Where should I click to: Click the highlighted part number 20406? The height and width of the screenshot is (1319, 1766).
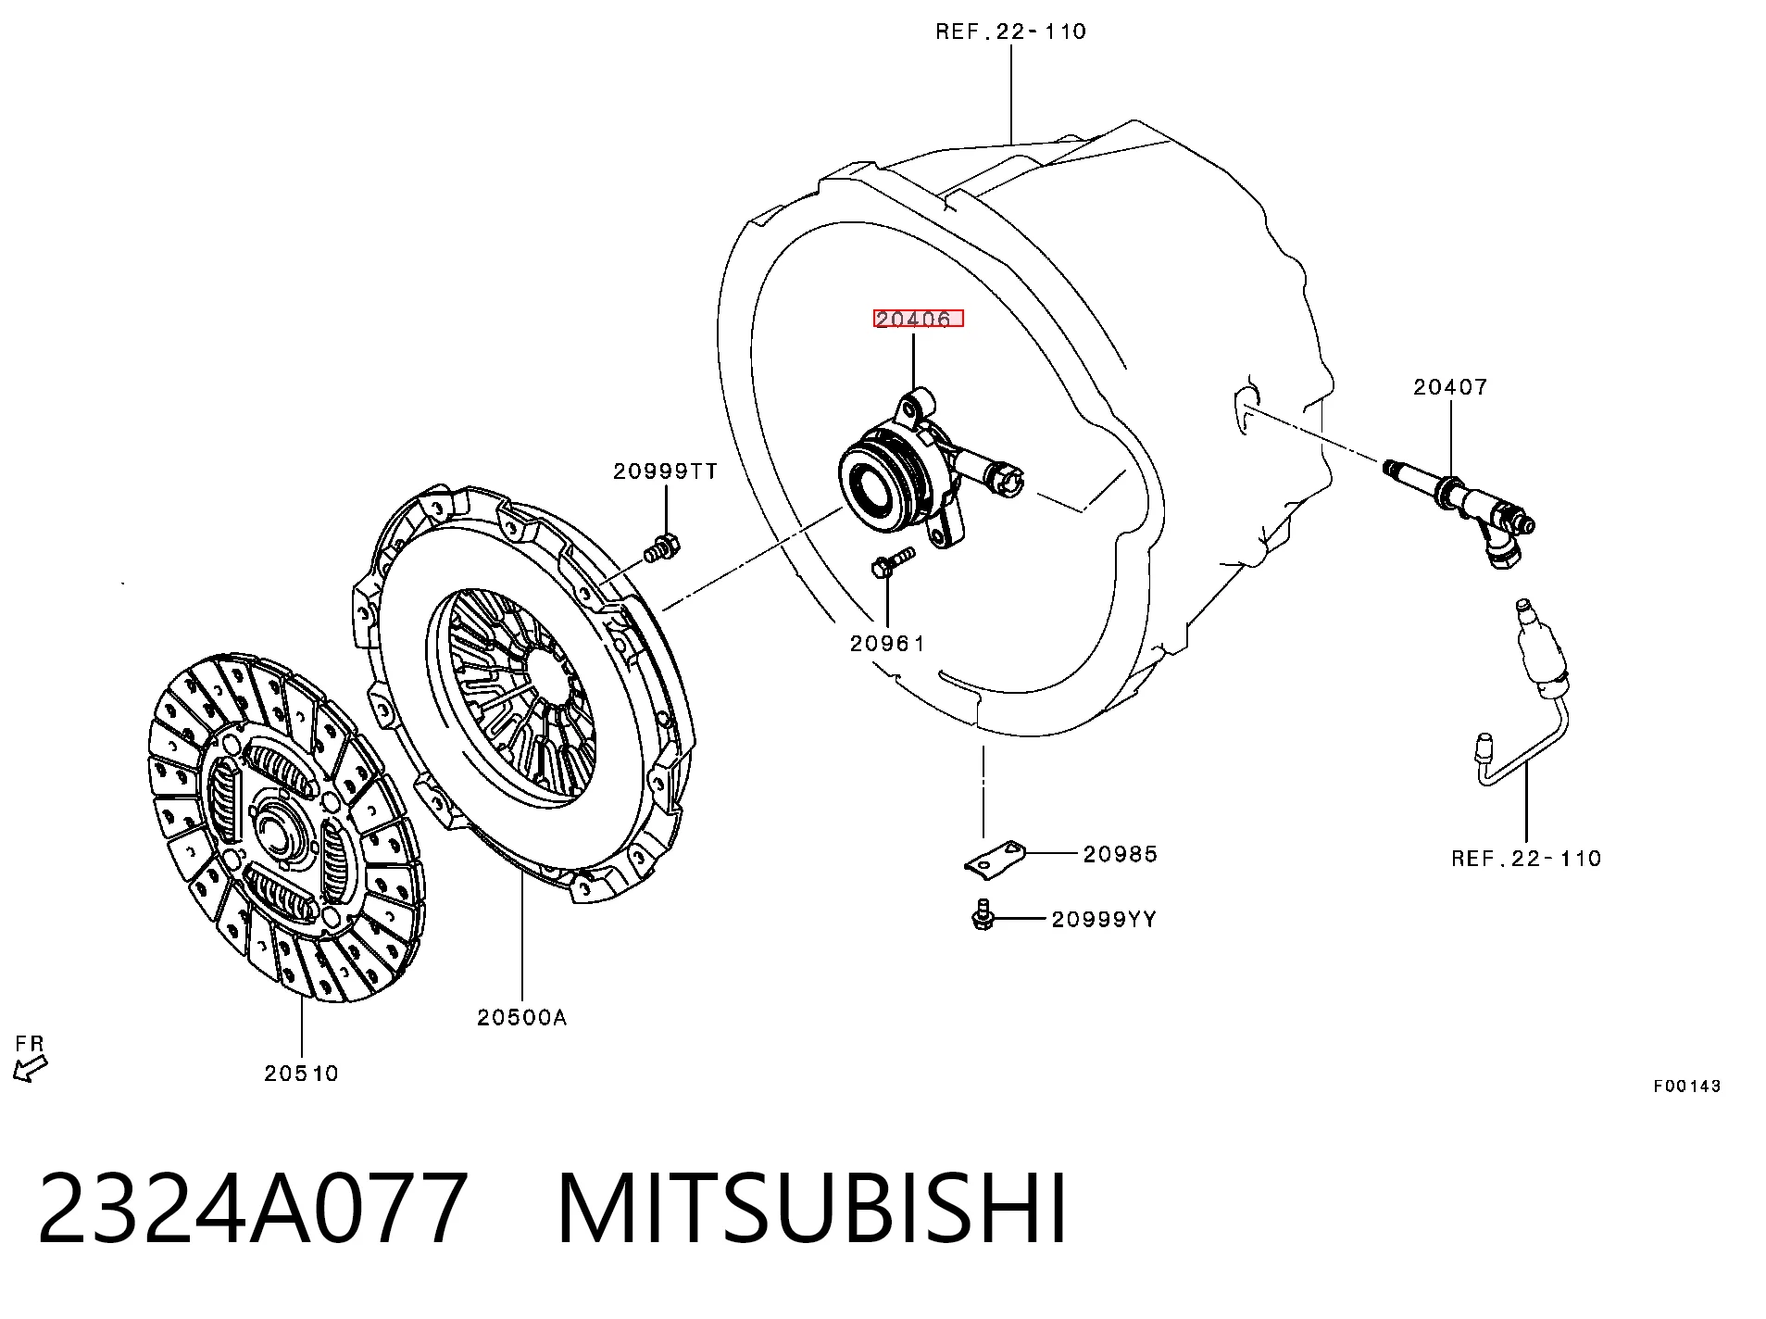pyautogui.click(x=918, y=320)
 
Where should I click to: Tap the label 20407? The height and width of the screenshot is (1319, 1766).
pyautogui.click(x=1450, y=387)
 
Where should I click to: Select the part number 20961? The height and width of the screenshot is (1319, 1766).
pyautogui.click(x=887, y=643)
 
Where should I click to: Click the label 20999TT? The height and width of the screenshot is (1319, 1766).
pyautogui.click(x=665, y=471)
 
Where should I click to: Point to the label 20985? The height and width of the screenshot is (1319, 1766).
pyautogui.click(x=1121, y=854)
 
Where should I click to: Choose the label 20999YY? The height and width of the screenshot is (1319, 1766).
pyautogui.click(x=1104, y=919)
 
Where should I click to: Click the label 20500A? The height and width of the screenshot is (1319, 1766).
pyautogui.click(x=522, y=1017)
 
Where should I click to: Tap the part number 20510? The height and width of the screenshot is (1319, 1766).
pyautogui.click(x=302, y=1074)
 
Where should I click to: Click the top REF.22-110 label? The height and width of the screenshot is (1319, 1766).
pyautogui.click(x=1011, y=31)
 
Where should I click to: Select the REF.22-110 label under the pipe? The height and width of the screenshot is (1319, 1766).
pyautogui.click(x=1526, y=859)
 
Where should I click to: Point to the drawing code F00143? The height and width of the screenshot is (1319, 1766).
pyautogui.click(x=1687, y=1086)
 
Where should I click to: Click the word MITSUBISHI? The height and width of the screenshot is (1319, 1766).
pyautogui.click(x=812, y=1209)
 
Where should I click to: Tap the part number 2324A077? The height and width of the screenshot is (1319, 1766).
pyautogui.click(x=252, y=1209)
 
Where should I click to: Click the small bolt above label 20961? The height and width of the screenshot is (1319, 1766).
pyautogui.click(x=893, y=562)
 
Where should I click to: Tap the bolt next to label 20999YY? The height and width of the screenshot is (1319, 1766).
pyautogui.click(x=983, y=915)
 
